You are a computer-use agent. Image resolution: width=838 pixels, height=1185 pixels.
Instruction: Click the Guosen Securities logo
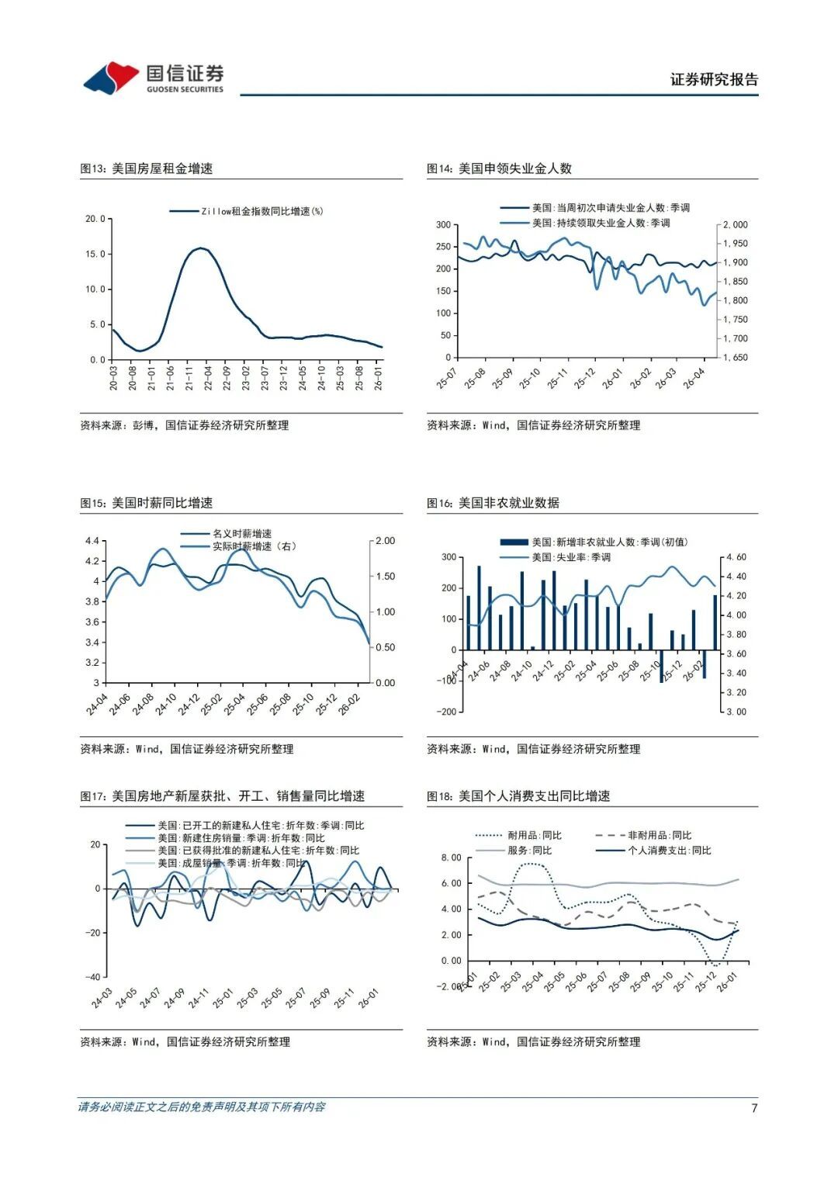tap(154, 78)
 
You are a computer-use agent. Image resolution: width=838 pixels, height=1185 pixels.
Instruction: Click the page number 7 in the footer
tap(753, 1107)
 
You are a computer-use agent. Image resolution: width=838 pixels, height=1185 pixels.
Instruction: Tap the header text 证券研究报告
tap(714, 79)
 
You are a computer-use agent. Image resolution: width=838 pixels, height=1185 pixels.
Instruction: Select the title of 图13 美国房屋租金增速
tap(147, 168)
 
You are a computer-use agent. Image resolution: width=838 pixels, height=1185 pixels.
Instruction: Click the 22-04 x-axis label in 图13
tap(208, 379)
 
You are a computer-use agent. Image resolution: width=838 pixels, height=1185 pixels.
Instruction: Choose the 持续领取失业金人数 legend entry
tap(601, 223)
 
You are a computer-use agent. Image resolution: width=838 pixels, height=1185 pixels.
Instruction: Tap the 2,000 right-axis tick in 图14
tap(735, 225)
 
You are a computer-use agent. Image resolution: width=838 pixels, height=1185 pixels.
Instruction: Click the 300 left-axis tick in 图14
tap(443, 225)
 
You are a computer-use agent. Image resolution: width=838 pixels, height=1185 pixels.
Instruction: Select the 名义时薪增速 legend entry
tap(242, 534)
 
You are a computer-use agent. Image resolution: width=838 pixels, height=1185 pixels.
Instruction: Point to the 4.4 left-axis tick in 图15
tap(92, 541)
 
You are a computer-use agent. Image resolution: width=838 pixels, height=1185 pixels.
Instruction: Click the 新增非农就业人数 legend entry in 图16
tap(609, 542)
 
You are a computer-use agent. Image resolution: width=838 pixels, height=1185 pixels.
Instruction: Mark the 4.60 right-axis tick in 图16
tap(736, 557)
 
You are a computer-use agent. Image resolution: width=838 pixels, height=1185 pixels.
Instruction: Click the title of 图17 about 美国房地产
tap(222, 796)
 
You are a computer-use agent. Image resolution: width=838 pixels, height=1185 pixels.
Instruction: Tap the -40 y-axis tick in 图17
tap(92, 977)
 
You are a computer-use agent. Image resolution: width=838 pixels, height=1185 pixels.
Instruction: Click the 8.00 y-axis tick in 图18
tap(451, 858)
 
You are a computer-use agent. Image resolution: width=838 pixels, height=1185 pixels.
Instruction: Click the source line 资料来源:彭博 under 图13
tap(184, 425)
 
